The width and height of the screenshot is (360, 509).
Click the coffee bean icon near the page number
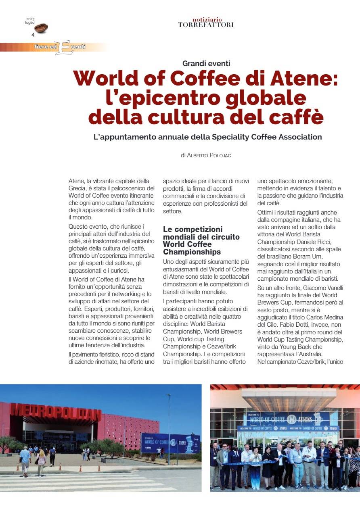(x=41, y=28)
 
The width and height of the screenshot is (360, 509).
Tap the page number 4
(x=33, y=35)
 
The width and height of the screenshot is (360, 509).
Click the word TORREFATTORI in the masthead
(x=206, y=25)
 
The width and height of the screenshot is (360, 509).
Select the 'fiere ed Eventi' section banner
(x=61, y=47)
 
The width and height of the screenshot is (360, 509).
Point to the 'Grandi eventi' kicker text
(x=206, y=63)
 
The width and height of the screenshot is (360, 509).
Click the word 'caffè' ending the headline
(x=298, y=117)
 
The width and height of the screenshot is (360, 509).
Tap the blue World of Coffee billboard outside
(x=170, y=443)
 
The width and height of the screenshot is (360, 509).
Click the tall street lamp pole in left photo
(x=169, y=428)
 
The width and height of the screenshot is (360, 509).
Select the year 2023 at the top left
(x=30, y=19)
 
